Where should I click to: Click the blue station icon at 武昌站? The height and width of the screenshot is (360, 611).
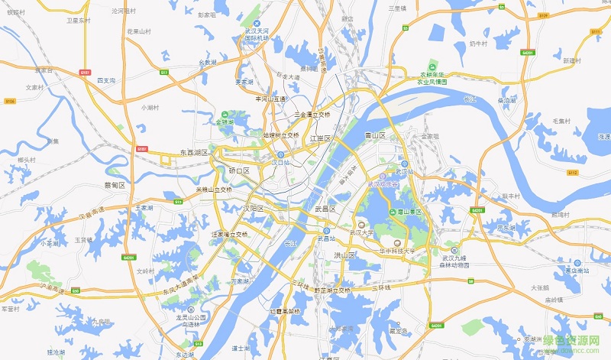pyautogui.click(x=325, y=231)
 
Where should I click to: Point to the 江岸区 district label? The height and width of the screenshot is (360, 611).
pyautogui.click(x=321, y=138)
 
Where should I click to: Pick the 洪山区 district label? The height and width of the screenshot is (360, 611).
pyautogui.click(x=345, y=255)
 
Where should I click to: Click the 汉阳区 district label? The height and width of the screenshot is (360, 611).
pyautogui.click(x=254, y=208)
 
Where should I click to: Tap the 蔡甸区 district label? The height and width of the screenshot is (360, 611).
pyautogui.click(x=114, y=185)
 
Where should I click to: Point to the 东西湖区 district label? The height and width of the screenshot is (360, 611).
pyautogui.click(x=194, y=153)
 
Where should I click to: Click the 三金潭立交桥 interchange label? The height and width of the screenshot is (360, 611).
pyautogui.click(x=312, y=114)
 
